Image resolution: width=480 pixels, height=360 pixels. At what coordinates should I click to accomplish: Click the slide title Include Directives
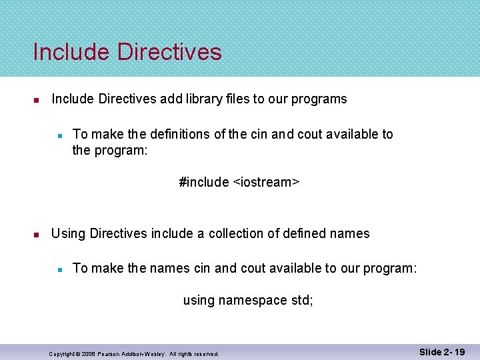(127, 52)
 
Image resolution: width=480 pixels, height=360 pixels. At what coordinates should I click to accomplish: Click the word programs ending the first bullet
(319, 99)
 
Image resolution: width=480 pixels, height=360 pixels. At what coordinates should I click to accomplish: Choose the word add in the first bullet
(170, 99)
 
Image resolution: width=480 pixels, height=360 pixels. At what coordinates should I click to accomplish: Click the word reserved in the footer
(206, 354)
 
